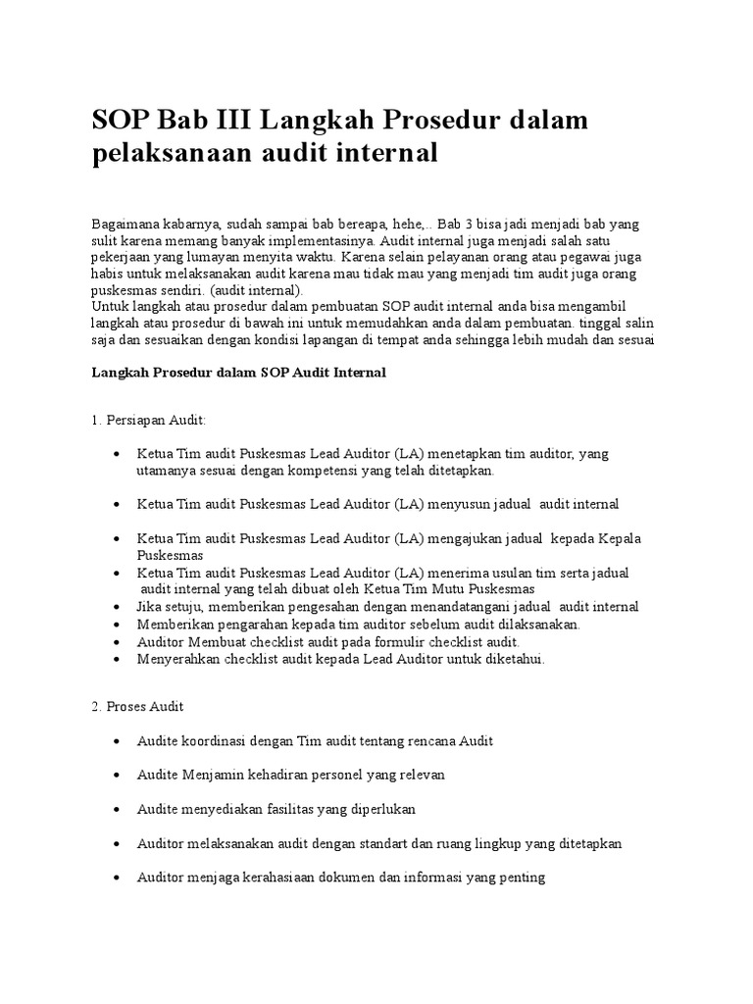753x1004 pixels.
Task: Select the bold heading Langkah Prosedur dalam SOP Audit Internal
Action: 238,373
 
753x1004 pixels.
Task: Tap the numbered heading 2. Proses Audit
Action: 137,706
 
